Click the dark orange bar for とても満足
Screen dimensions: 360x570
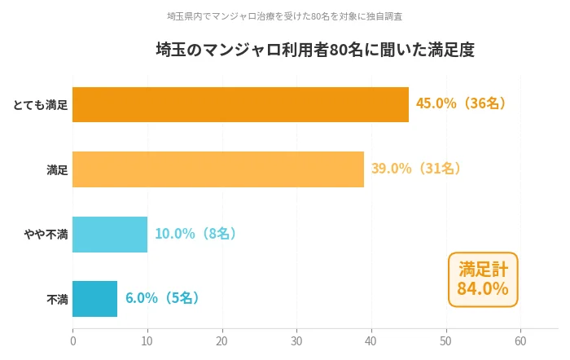240,104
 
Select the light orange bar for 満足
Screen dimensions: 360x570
218,169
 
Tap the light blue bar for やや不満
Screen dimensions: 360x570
110,234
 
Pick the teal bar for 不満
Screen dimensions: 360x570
94,298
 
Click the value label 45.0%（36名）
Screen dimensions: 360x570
463,103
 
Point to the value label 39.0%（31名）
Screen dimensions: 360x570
418,169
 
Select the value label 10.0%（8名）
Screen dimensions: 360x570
196,234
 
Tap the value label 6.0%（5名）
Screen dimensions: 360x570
163,298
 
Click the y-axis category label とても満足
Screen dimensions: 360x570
41,105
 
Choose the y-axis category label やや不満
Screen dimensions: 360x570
46,235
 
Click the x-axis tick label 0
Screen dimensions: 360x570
73,341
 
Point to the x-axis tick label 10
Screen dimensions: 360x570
147,341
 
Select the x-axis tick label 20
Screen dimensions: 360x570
222,341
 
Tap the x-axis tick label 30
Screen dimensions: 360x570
297,341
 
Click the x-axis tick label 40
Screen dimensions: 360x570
371,341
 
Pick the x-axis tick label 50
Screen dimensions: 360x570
446,341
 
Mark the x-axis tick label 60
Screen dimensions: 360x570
521,341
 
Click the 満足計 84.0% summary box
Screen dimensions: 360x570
482,279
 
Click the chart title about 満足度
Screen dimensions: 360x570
315,50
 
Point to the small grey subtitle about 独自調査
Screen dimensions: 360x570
284,16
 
